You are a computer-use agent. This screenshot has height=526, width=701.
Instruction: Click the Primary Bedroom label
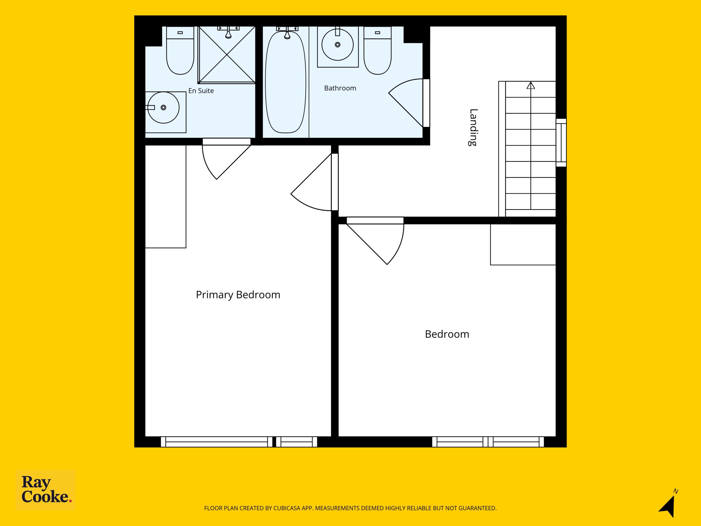pos(238,295)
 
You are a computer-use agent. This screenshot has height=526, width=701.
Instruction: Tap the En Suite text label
pos(201,91)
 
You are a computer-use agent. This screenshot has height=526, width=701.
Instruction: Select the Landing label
pos(473,127)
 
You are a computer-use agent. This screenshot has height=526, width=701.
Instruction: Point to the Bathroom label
pos(340,88)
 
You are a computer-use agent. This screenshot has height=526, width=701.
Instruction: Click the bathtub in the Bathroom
pos(286,81)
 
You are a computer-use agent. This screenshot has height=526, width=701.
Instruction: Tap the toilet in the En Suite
pos(180,50)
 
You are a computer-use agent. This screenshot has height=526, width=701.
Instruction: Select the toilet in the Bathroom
pos(377,50)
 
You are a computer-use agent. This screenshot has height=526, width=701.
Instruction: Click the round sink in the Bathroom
pos(338,45)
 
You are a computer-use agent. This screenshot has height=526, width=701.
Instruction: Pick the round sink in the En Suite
pos(163,107)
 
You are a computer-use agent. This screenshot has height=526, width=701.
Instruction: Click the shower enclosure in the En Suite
pos(227,55)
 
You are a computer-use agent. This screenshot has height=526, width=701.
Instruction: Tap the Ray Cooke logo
pos(46,490)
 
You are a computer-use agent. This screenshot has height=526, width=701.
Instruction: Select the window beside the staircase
pos(561,143)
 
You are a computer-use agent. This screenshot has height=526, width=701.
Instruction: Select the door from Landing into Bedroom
pos(375,241)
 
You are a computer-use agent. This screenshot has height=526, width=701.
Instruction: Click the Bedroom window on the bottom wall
pos(488,442)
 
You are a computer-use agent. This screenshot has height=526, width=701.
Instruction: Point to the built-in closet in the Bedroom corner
pos(523,244)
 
